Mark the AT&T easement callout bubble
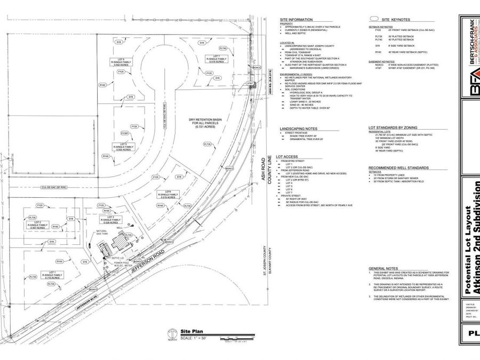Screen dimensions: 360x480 tap(249, 84)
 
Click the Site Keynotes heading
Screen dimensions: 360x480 tap(382, 20)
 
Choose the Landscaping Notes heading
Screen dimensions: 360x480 tap(298, 129)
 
